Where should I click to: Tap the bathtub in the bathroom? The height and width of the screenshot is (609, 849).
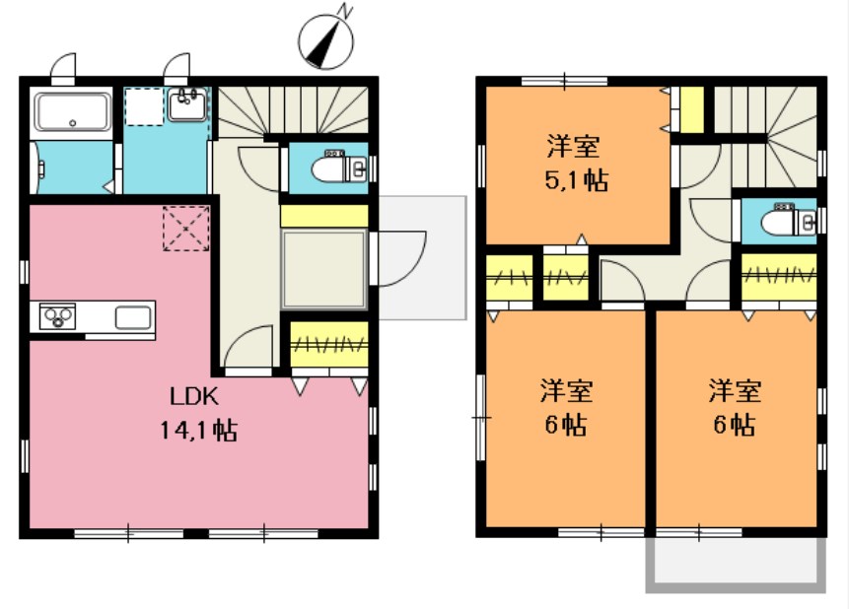(72, 112)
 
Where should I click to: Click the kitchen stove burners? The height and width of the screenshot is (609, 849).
(57, 316)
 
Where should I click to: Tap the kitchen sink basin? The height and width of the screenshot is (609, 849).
(133, 317)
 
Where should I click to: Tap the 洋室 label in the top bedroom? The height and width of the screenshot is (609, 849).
(574, 148)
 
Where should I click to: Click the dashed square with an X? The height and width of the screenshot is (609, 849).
(185, 229)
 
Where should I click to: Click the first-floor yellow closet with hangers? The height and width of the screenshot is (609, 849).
(329, 345)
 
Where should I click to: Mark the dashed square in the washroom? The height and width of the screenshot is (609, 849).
(144, 106)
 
